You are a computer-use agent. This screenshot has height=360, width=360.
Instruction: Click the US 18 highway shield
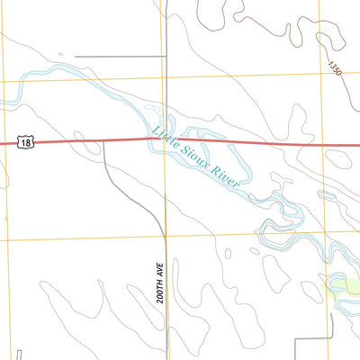click(x=24, y=142)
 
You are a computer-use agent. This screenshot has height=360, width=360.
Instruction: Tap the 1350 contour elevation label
click(x=335, y=67)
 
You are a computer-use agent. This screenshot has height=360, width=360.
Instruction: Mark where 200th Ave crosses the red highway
click(x=166, y=139)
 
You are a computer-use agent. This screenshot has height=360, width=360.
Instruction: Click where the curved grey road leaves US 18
click(x=103, y=141)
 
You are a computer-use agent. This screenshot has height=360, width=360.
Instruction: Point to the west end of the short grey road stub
click(x=76, y=57)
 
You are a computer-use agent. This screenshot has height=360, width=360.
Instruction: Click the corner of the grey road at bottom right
click(x=299, y=340)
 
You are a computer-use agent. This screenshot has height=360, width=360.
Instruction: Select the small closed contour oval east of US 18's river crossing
click(x=338, y=159)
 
